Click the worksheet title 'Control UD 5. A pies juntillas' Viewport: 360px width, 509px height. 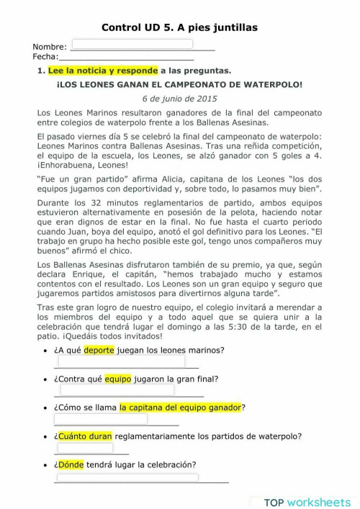coord(179,27)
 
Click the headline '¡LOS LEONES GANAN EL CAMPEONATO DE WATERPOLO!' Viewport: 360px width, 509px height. coord(179,84)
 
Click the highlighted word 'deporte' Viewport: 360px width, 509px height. coord(99,351)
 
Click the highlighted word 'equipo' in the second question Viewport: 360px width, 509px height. coord(118,379)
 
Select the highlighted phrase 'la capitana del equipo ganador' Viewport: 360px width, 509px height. coord(180,407)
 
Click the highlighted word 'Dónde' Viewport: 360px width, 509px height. coord(69,464)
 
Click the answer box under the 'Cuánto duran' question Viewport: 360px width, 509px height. coord(85,448)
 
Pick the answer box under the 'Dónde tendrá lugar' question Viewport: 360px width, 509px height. coord(127,477)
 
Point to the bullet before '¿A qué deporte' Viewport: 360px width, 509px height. coord(47,351)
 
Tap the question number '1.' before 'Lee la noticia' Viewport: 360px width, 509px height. coord(40,71)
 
